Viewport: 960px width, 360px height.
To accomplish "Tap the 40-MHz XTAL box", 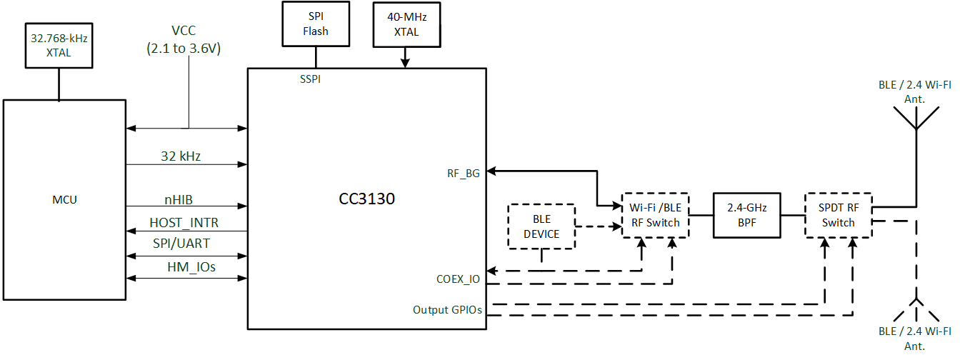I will pos(404,24).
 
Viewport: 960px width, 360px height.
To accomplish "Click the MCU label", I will pos(64,199).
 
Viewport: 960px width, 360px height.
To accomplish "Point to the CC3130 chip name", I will pos(366,199).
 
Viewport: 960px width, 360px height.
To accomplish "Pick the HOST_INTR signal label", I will pos(184,223).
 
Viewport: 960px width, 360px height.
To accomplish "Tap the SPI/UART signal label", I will pos(181,244).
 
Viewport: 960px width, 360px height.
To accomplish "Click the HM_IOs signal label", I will pos(183,267).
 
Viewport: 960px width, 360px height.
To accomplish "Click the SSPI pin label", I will pos(310,79).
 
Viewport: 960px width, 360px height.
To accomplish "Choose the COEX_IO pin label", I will pos(458,279).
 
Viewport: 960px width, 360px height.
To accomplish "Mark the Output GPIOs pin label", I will pos(447,310).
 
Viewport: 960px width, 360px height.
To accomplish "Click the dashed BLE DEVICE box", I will pos(541,226).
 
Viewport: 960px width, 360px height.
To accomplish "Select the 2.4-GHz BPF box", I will pos(747,215).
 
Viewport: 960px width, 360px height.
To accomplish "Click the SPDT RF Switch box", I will pos(838,215).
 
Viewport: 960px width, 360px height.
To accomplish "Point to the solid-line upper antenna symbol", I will pos(916,118).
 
